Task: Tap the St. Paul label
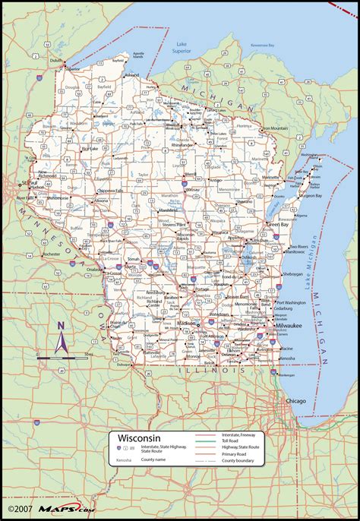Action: (x=29, y=183)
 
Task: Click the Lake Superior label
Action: (x=182, y=49)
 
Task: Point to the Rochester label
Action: (x=52, y=254)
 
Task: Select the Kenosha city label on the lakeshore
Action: (x=287, y=357)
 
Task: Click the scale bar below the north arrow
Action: (x=62, y=356)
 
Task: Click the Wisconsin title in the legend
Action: (x=137, y=438)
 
